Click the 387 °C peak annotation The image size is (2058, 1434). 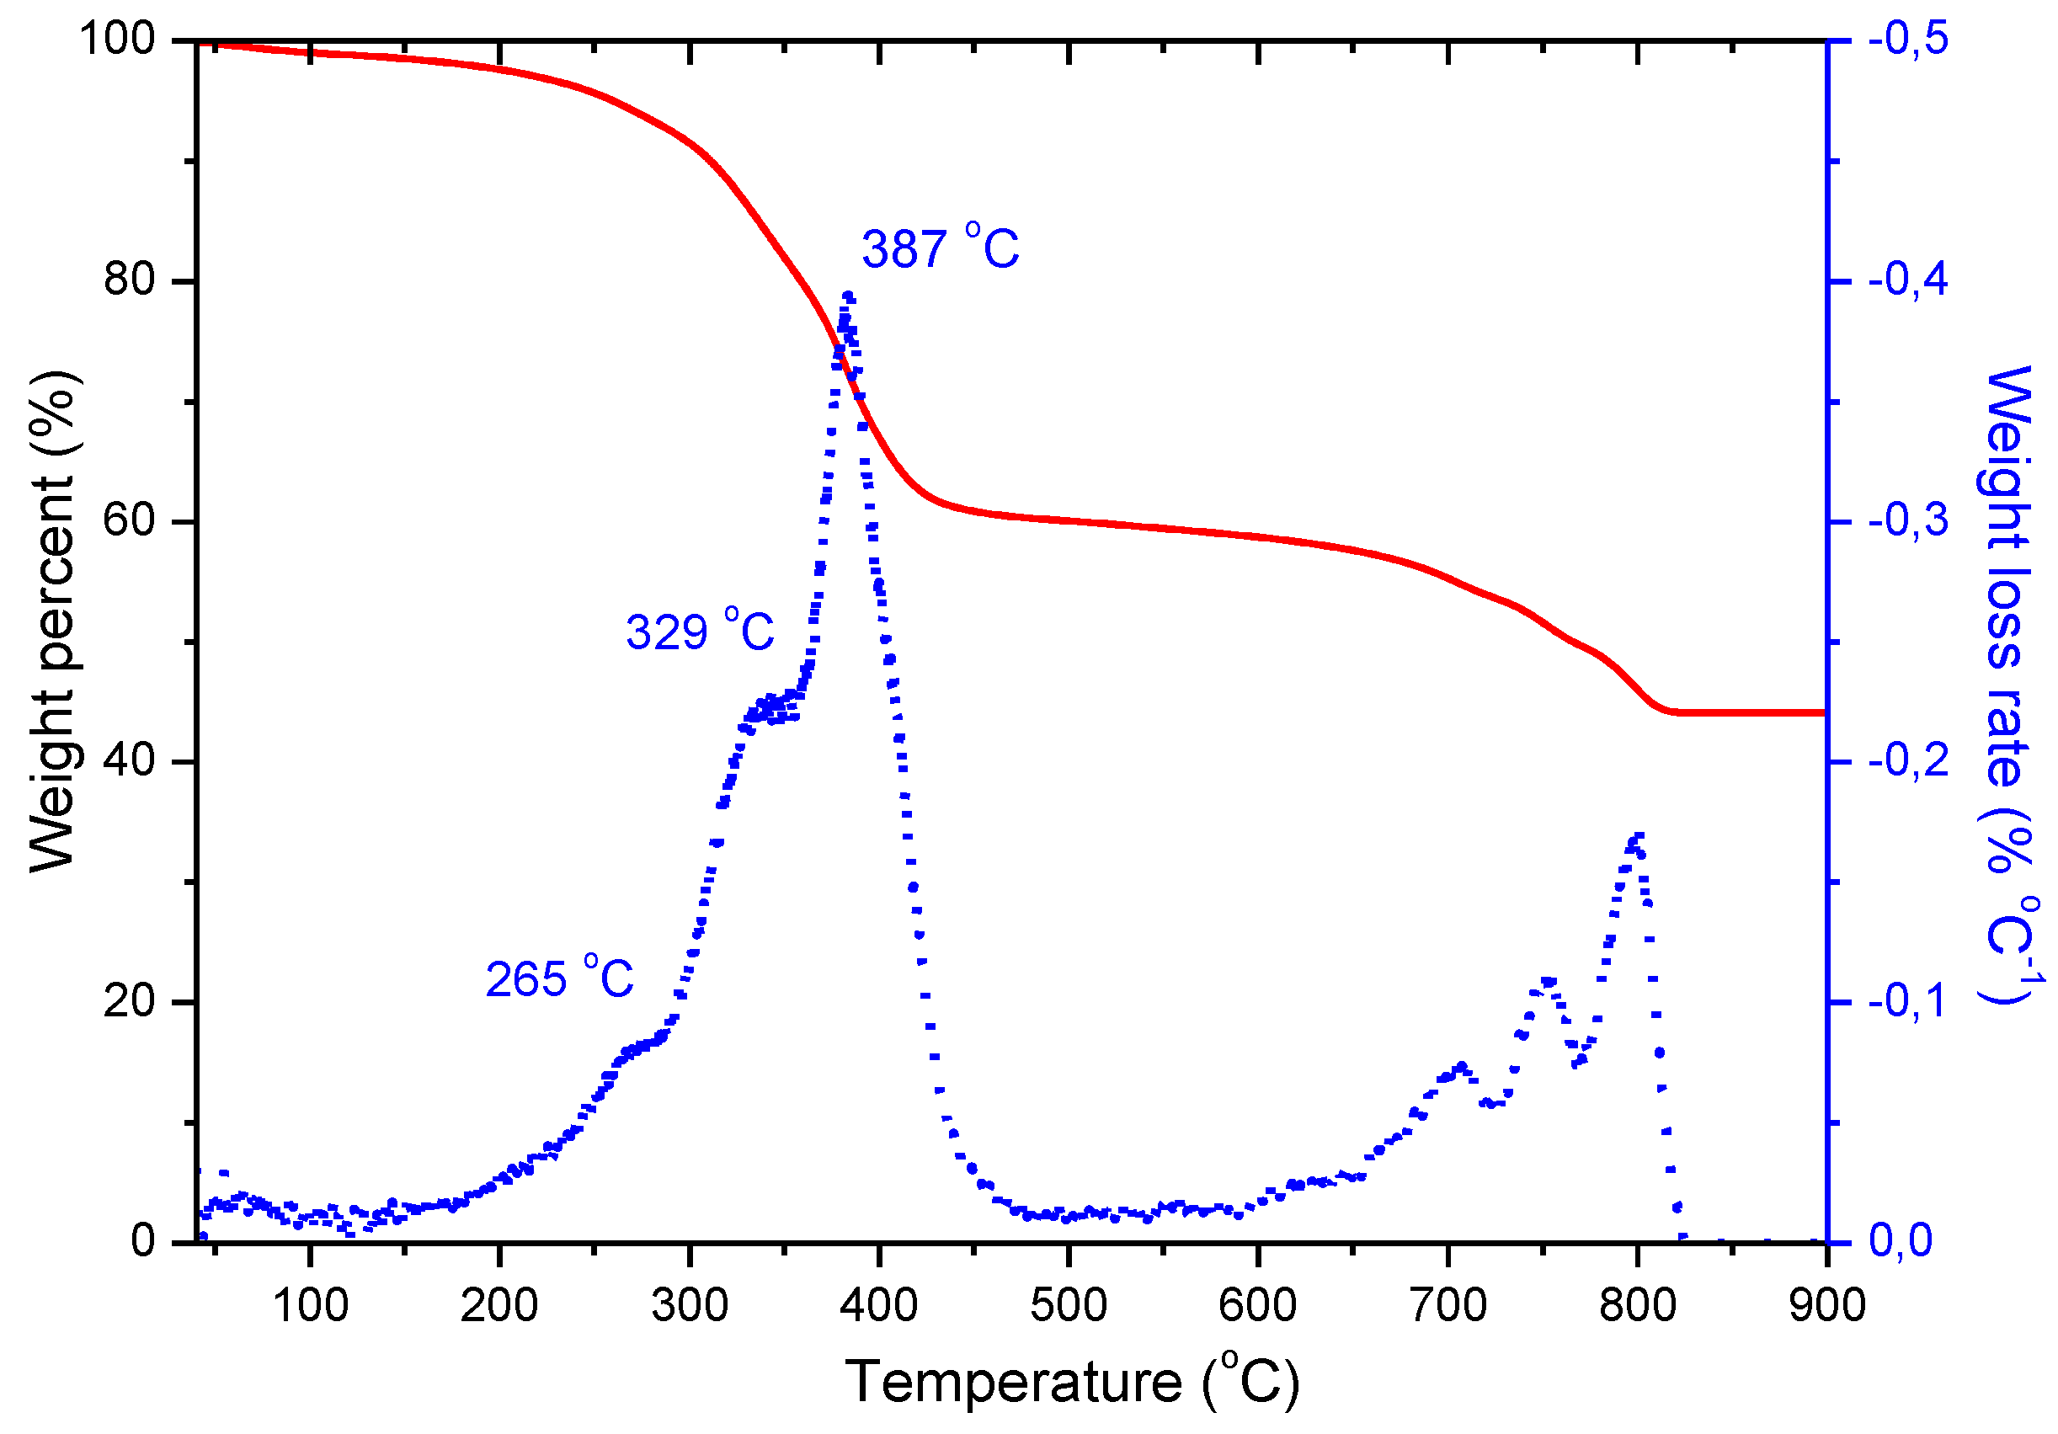pyautogui.click(x=941, y=248)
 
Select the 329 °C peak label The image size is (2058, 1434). pyautogui.click(x=700, y=632)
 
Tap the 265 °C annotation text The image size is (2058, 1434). pyautogui.click(x=559, y=978)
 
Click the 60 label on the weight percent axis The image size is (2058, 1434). pyautogui.click(x=129, y=520)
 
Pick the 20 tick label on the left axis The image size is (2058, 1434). pyautogui.click(x=129, y=1001)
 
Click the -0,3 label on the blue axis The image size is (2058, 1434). pyautogui.click(x=1908, y=520)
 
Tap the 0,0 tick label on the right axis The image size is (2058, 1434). pyautogui.click(x=1900, y=1241)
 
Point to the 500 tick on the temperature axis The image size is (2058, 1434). pyautogui.click(x=1069, y=1306)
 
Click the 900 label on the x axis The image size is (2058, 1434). pyautogui.click(x=1826, y=1306)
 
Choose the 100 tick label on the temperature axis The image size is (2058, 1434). pyautogui.click(x=310, y=1306)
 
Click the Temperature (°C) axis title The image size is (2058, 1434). pyautogui.click(x=1072, y=1381)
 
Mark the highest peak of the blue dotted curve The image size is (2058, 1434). pyautogui.click(x=847, y=296)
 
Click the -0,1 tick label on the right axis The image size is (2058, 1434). pyautogui.click(x=1908, y=1001)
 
